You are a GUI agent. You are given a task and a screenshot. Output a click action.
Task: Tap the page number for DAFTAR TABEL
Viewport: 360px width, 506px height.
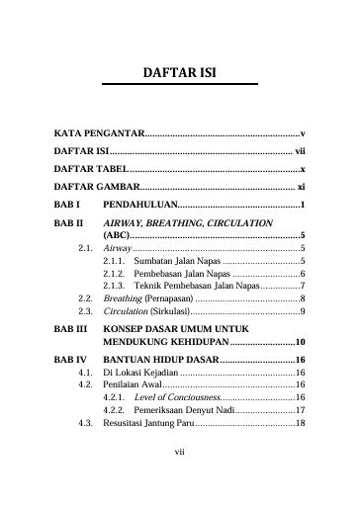301,169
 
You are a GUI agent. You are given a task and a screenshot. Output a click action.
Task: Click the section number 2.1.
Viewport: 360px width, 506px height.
85,249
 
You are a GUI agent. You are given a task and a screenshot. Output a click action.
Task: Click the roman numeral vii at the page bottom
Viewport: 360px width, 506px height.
180,481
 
